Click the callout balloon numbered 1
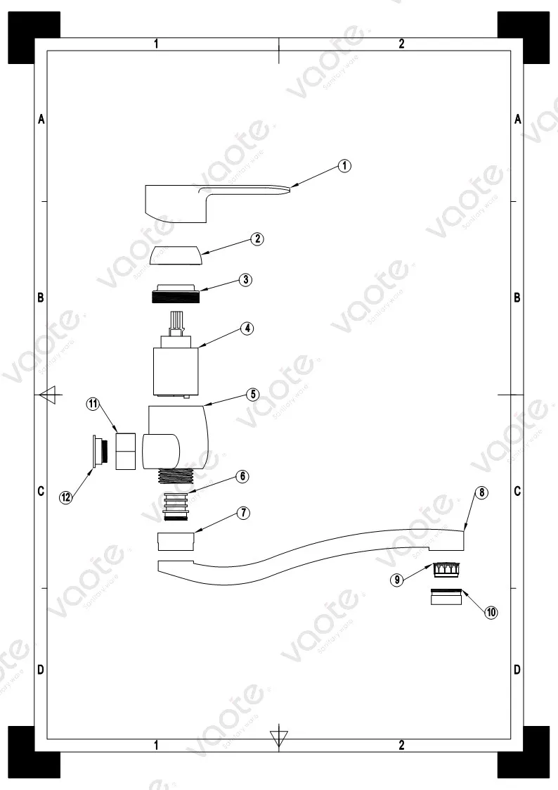[x=344, y=166]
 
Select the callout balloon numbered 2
[x=258, y=238]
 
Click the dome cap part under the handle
[x=176, y=254]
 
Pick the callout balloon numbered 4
[x=246, y=329]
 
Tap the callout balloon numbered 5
[x=252, y=394]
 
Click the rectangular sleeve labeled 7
[x=176, y=541]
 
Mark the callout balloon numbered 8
[x=481, y=492]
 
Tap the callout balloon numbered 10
[x=491, y=612]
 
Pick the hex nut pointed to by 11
[x=124, y=450]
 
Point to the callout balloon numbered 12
[x=65, y=497]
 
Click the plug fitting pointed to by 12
[x=98, y=450]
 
